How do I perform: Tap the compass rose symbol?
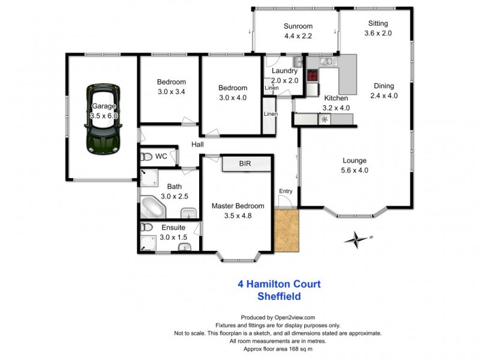pyautogui.click(x=357, y=238)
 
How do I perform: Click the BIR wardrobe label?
pyautogui.click(x=245, y=163)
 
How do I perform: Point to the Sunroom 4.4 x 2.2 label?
pyautogui.click(x=293, y=31)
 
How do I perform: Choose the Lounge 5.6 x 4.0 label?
pyautogui.click(x=355, y=165)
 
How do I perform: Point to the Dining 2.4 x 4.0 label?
pyautogui.click(x=384, y=91)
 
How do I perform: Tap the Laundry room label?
pyautogui.click(x=284, y=76)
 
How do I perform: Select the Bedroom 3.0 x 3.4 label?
pyautogui.click(x=172, y=87)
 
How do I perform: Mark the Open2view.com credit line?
pyautogui.click(x=278, y=318)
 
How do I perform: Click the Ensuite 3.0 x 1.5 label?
pyautogui.click(x=173, y=232)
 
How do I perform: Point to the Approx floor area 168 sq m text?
pyautogui.click(x=278, y=348)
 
